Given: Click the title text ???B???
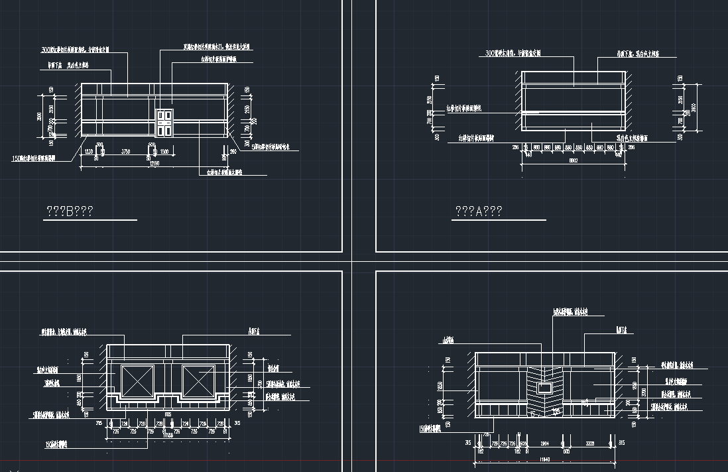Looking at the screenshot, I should pos(69,211).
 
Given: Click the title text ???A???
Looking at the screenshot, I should pos(478,211).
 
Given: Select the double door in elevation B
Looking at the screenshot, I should pos(164,123).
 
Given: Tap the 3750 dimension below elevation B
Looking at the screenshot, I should pos(125,152).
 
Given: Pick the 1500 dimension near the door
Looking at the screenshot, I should pos(164,152).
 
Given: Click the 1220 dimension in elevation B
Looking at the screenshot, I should pos(88,152).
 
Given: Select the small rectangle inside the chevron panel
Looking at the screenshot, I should pos(545,387).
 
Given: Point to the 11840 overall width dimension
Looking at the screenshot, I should pos(545,459).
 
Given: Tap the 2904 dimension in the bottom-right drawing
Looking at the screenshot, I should pos(545,443).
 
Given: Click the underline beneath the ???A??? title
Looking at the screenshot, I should pos(499,219).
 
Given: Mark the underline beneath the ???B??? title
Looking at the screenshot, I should pos(90,219).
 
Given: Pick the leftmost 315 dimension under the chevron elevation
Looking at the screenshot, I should pos(468,443).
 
